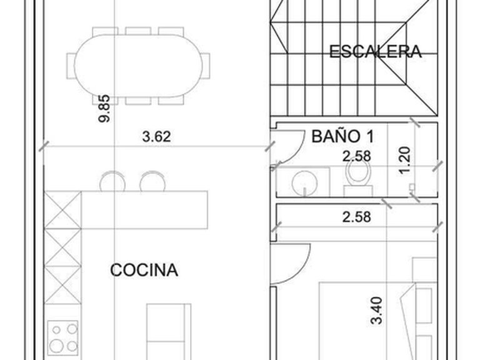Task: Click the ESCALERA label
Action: click(x=375, y=51)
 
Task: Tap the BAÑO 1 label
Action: click(x=342, y=136)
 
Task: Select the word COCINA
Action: click(x=144, y=270)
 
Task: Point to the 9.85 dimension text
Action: click(x=104, y=109)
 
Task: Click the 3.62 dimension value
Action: click(x=156, y=136)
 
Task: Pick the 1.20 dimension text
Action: click(x=405, y=161)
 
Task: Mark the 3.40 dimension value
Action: click(x=376, y=311)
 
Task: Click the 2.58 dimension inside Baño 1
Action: click(x=357, y=156)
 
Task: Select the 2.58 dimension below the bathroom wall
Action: click(x=357, y=217)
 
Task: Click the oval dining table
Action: click(x=138, y=66)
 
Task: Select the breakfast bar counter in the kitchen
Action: click(x=144, y=210)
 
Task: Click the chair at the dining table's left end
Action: click(x=71, y=66)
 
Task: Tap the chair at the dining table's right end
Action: click(x=206, y=66)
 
